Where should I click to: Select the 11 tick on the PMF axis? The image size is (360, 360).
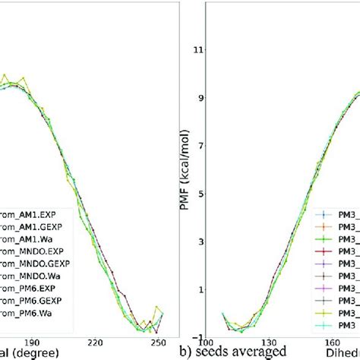tap(200, 50)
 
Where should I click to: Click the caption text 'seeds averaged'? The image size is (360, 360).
tap(248, 352)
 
